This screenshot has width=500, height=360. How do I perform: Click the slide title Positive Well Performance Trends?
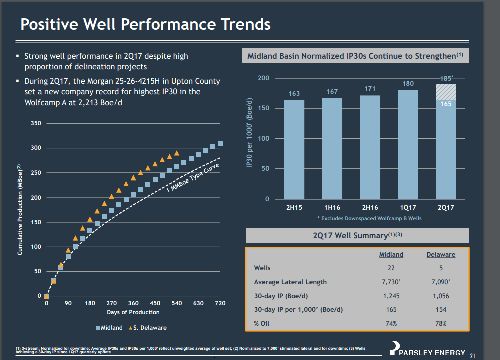coord(145,24)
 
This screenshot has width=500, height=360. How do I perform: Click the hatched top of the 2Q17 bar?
coord(446,91)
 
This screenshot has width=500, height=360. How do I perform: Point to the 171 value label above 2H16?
coord(370,89)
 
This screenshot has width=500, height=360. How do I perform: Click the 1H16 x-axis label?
coord(332,207)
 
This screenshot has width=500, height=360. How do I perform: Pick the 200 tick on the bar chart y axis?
coord(263,78)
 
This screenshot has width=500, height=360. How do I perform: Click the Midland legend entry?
coord(109,328)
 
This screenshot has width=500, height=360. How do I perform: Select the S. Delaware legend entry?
coord(148,328)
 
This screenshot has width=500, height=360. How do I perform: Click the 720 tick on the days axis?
coord(220,303)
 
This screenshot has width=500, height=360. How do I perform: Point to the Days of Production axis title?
coord(133,312)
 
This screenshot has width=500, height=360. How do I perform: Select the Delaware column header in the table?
coord(441,254)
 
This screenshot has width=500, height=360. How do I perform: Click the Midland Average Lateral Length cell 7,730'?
coord(391,282)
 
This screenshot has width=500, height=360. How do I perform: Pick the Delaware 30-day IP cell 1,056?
coord(441,296)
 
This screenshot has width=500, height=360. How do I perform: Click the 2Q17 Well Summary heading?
coord(357,235)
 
